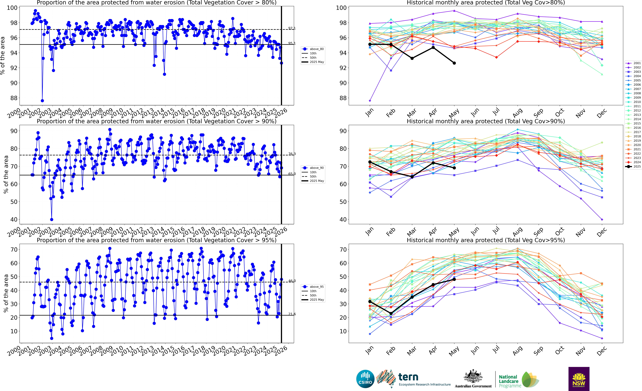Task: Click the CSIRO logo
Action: [365, 379]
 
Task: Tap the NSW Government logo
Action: [579, 379]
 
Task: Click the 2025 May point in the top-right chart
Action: [454, 63]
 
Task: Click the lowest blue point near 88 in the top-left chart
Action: [42, 101]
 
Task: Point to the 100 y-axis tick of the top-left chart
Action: [12, 8]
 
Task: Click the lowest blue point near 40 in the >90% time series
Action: [52, 219]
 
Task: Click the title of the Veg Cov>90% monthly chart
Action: [486, 121]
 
